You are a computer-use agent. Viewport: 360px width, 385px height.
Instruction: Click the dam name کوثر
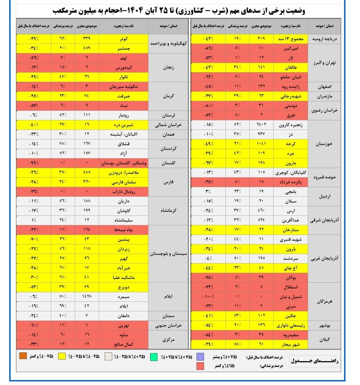point(124,39)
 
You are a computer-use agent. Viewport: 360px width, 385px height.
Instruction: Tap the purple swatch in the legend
point(200,357)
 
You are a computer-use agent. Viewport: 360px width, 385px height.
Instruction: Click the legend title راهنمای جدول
point(315,362)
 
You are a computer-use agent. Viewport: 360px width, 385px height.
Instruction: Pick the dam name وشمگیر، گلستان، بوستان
point(124,163)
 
